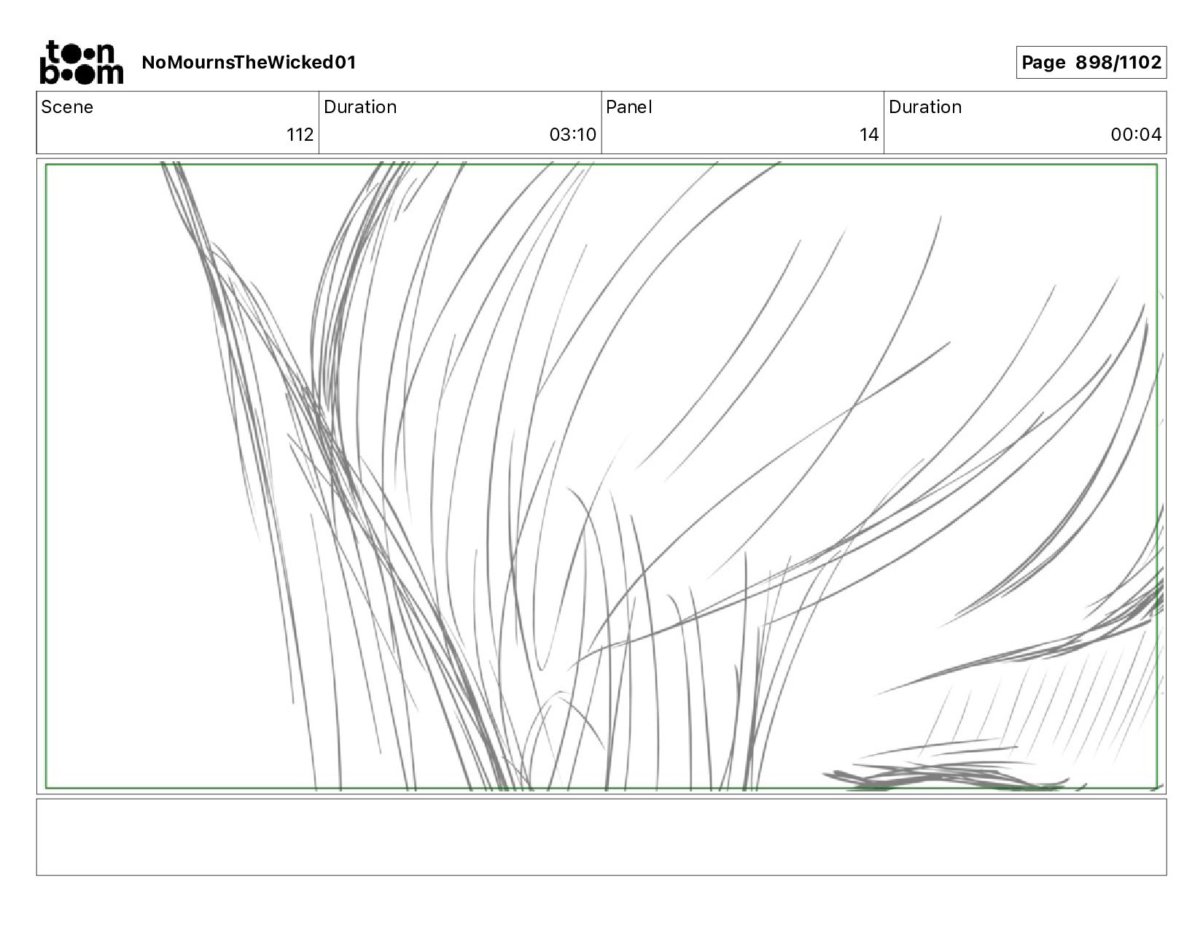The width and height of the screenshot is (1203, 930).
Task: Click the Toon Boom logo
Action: [x=81, y=62]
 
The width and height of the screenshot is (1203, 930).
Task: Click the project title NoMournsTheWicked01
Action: [x=249, y=63]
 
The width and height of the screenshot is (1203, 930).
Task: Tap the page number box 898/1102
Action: [x=1091, y=63]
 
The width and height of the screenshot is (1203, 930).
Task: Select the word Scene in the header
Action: [x=67, y=107]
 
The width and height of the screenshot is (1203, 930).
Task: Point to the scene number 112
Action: [x=300, y=135]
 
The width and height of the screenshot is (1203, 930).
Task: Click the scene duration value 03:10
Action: [x=572, y=135]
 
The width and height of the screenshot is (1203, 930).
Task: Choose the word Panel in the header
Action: [x=628, y=107]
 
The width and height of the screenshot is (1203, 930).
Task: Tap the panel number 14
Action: [x=868, y=135]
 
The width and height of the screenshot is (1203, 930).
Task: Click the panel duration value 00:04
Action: [x=1135, y=135]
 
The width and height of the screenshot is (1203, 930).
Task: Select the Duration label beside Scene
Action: [x=360, y=107]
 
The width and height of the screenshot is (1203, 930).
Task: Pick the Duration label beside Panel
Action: [x=924, y=107]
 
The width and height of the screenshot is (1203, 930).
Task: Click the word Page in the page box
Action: [x=1044, y=63]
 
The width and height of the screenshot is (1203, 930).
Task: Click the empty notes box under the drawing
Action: [x=601, y=837]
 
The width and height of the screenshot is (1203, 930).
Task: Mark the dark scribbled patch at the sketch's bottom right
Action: [x=941, y=776]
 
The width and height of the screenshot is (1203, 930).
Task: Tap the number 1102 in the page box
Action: [x=1140, y=63]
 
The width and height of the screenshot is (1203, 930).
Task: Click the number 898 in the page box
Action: [x=1094, y=63]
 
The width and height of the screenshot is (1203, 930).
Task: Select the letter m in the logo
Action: [x=108, y=74]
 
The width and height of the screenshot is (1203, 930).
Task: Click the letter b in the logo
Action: [x=50, y=72]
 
